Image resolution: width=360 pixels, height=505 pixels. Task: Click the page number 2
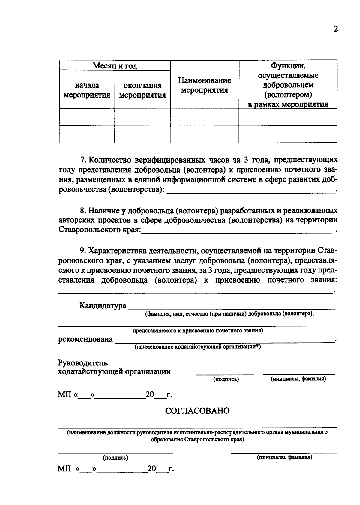(x=336, y=29)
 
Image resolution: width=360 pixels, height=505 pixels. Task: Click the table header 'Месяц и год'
(x=115, y=66)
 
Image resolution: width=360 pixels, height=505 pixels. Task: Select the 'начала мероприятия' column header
(x=87, y=90)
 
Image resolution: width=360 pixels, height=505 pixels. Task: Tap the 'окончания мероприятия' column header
(x=142, y=90)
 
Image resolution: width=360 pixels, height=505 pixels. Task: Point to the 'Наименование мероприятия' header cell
(x=205, y=85)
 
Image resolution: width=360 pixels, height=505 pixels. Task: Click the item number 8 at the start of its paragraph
(x=83, y=210)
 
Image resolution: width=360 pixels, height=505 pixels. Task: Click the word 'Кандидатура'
(x=103, y=306)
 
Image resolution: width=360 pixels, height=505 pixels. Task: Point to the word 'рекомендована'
(x=85, y=339)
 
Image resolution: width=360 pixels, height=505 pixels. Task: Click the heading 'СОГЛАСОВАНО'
(x=197, y=411)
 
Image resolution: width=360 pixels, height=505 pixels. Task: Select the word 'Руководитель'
(x=82, y=363)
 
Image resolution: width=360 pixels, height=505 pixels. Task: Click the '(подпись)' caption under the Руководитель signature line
(x=226, y=379)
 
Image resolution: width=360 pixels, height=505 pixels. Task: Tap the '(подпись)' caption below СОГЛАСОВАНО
(x=115, y=458)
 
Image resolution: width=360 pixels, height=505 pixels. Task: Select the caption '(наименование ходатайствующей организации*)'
(x=198, y=347)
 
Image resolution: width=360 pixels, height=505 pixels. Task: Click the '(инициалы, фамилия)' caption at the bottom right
(x=284, y=458)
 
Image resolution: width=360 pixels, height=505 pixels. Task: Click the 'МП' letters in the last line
(x=64, y=469)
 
